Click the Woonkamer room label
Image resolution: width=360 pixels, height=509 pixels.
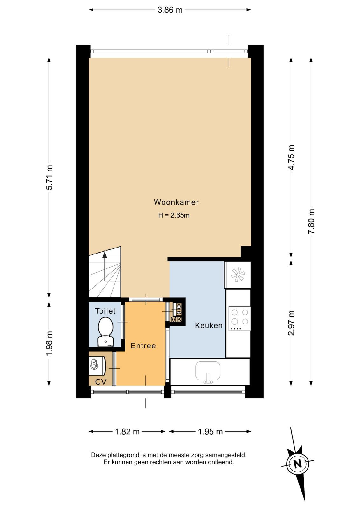[x=176, y=202]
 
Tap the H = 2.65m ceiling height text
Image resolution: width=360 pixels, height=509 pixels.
[x=174, y=215]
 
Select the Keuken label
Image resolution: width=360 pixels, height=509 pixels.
[x=209, y=325]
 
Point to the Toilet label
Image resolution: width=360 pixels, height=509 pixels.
[x=105, y=311]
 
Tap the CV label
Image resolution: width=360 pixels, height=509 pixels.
[x=100, y=382]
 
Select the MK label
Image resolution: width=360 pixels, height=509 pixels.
[x=176, y=319]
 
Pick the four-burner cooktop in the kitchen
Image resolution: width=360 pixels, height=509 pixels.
[x=239, y=318]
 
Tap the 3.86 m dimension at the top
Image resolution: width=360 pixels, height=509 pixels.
[x=170, y=10]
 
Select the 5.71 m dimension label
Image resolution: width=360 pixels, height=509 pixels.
[x=49, y=178]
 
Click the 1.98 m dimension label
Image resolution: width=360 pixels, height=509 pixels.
[x=49, y=343]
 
